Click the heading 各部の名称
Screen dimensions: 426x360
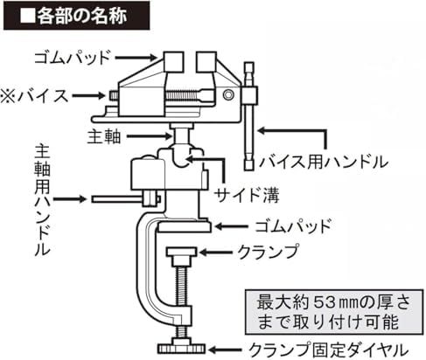pos(81,16)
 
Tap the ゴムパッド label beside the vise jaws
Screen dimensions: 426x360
pos(73,58)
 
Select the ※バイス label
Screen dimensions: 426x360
pos(34,96)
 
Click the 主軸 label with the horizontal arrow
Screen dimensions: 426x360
pos(103,136)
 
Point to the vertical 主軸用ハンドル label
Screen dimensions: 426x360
pos(42,200)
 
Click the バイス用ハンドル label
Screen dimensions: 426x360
pos(324,162)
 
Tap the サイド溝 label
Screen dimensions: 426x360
pos(247,195)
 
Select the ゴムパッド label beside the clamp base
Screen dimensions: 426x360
pos(293,226)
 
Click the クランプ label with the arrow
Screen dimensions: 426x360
pos(268,252)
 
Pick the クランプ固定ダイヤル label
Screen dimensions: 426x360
pos(328,350)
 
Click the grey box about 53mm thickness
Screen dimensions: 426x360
pos(334,312)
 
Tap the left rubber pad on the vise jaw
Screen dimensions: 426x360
pos(173,62)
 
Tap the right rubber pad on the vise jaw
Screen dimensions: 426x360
pos(206,62)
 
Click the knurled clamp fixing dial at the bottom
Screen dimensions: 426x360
pos(181,349)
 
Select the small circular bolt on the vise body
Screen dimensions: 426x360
pos(228,95)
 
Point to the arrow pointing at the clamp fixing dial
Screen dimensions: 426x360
pos(226,350)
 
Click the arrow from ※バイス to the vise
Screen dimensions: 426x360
pos(88,95)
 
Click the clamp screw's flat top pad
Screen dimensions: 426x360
pos(181,252)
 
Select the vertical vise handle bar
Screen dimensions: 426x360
pos(249,116)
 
